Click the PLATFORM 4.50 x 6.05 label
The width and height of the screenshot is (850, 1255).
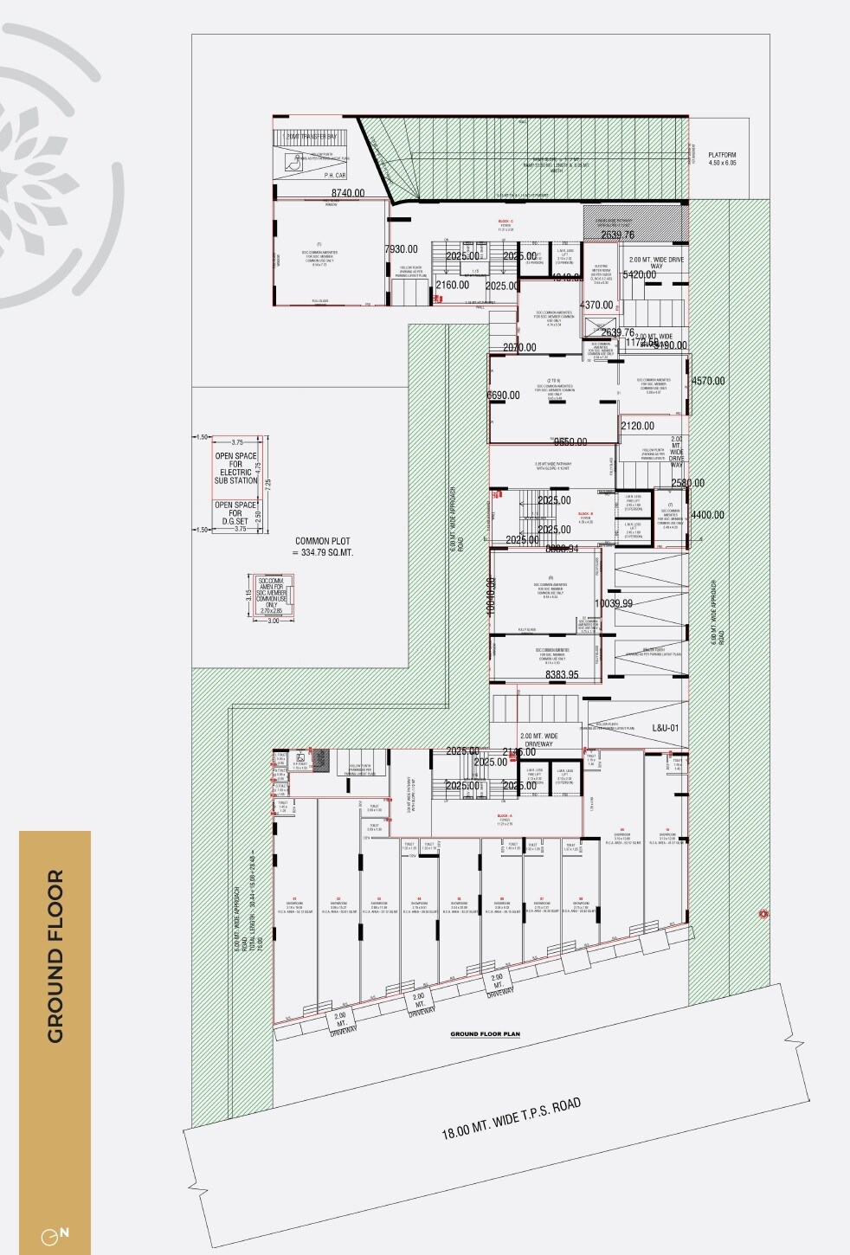(722, 159)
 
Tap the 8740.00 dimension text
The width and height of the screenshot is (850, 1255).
(347, 194)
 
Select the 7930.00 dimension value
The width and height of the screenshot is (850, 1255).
(401, 249)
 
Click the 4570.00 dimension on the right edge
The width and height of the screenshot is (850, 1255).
(708, 381)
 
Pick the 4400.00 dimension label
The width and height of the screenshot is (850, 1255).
(707, 515)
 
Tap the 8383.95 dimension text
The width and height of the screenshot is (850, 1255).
(562, 674)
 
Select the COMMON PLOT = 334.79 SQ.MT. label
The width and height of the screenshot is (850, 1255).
(323, 546)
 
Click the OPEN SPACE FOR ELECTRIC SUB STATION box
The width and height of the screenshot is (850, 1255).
(236, 468)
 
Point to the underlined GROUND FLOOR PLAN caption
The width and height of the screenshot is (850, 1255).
(485, 1034)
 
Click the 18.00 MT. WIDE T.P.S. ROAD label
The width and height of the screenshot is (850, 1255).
(511, 1118)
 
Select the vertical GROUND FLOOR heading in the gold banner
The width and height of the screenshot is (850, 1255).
(55, 956)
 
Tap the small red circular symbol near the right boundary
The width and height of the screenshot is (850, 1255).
(763, 913)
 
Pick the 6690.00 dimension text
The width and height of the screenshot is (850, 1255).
(504, 396)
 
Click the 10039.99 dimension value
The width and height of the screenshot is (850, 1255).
(614, 603)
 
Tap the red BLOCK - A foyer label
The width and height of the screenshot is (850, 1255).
(505, 815)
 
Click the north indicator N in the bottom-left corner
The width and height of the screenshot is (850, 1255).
(64, 1232)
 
